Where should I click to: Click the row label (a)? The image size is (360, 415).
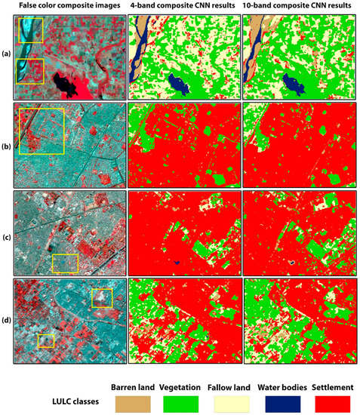click(6, 54)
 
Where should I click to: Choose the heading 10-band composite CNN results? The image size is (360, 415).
click(300, 7)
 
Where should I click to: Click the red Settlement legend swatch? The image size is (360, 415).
click(337, 404)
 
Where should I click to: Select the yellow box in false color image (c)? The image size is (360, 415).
click(65, 263)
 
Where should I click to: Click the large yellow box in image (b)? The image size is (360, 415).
click(42, 131)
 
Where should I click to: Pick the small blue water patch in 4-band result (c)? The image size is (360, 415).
click(175, 262)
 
